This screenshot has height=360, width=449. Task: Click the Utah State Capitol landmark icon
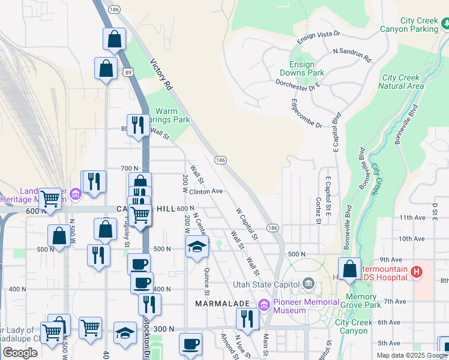click(308, 283)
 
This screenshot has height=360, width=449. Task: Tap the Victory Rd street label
click(162, 74)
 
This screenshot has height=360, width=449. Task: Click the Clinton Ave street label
click(206, 192)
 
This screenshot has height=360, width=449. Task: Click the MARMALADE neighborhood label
click(221, 304)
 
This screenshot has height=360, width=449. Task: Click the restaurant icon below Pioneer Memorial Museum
click(247, 319)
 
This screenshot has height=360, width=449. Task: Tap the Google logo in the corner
click(20, 353)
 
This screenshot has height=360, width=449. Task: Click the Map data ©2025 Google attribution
click(412, 355)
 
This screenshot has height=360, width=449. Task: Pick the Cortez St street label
click(318, 210)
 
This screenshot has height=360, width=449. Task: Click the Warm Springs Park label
click(173, 115)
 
